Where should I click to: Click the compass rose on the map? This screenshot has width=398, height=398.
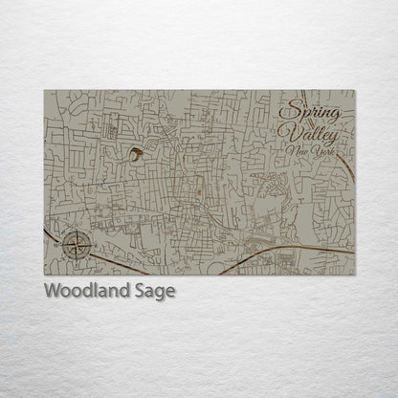click(x=77, y=245)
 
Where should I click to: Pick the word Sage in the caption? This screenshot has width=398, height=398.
click(x=158, y=292)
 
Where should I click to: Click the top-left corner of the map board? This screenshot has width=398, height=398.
click(x=45, y=91)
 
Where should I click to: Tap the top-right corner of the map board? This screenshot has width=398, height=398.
click(x=354, y=91)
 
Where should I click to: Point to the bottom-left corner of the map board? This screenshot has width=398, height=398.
click(x=45, y=275)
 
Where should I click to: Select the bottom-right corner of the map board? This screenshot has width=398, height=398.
click(x=354, y=275)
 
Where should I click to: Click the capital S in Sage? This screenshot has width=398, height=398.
click(x=144, y=291)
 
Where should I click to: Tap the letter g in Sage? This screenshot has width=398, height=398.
click(x=163, y=294)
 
